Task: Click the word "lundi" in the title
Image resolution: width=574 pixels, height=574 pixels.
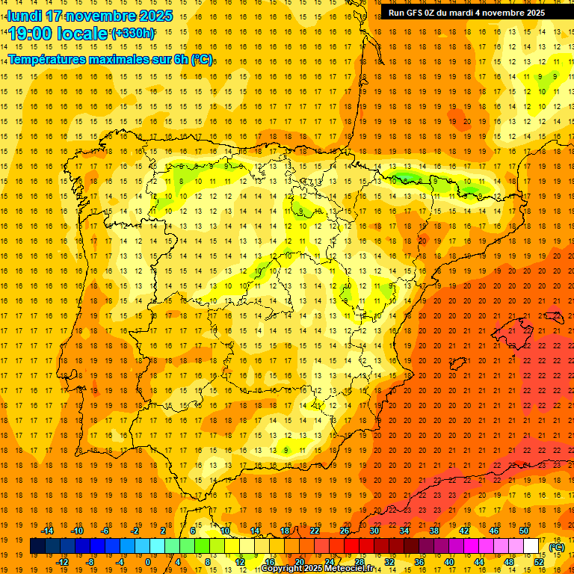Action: coord(24,16)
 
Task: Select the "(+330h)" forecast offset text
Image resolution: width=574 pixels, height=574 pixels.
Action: coord(133,34)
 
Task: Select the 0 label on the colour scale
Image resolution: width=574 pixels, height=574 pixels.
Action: coord(147,562)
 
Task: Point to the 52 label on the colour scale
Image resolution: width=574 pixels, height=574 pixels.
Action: coord(539,562)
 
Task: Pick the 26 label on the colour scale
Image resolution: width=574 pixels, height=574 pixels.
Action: coord(345,531)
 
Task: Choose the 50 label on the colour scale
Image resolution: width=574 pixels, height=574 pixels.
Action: coord(524,531)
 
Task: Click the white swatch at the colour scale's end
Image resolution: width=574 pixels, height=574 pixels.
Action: coord(531,546)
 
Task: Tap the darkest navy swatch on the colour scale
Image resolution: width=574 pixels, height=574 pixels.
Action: coord(37,546)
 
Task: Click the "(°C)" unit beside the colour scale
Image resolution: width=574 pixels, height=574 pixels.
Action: coord(557,547)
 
